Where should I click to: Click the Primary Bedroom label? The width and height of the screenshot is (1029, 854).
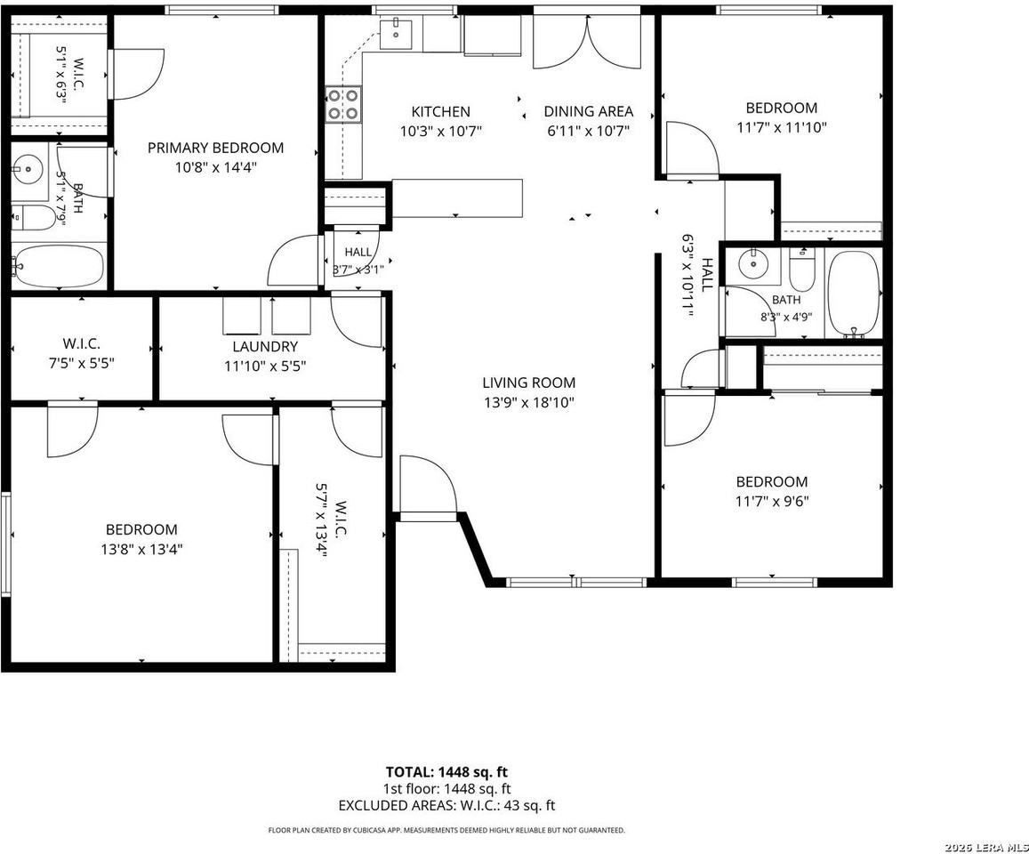pyautogui.click(x=215, y=148)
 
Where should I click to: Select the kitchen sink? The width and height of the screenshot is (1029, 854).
pyautogui.click(x=397, y=34)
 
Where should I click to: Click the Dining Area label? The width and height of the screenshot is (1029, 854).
pyautogui.click(x=589, y=111)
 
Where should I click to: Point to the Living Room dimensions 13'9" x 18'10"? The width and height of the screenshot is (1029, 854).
pyautogui.click(x=529, y=402)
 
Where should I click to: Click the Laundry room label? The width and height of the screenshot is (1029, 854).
pyautogui.click(x=265, y=347)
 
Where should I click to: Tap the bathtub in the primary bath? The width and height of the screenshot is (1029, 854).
pyautogui.click(x=59, y=266)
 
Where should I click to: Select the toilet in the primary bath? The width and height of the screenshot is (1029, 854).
pyautogui.click(x=34, y=218)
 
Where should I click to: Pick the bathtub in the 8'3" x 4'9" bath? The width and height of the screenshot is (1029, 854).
pyautogui.click(x=853, y=293)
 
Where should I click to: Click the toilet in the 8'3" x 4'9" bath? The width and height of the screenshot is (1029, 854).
pyautogui.click(x=801, y=270)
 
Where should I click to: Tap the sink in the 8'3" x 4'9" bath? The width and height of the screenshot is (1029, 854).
pyautogui.click(x=753, y=264)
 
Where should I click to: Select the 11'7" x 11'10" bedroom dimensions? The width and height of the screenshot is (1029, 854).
pyautogui.click(x=782, y=127)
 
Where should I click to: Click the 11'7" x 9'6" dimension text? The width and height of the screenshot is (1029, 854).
pyautogui.click(x=772, y=502)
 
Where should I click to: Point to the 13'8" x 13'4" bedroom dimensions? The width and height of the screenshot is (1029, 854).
pyautogui.click(x=141, y=549)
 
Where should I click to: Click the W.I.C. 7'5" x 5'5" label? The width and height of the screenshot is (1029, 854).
pyautogui.click(x=81, y=353)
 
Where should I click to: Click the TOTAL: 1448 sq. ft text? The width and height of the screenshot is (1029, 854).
pyautogui.click(x=446, y=772)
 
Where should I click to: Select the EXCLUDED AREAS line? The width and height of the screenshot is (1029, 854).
pyautogui.click(x=446, y=805)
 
